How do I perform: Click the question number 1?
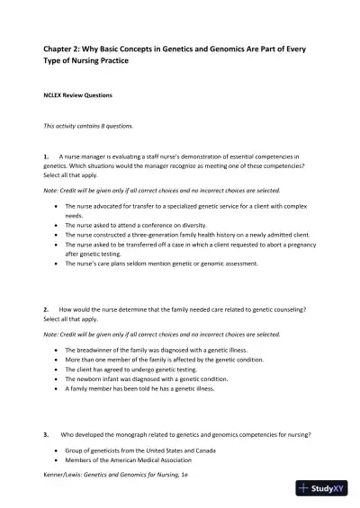[46, 156]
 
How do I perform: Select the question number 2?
[46, 308]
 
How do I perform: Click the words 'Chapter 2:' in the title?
[68, 49]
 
